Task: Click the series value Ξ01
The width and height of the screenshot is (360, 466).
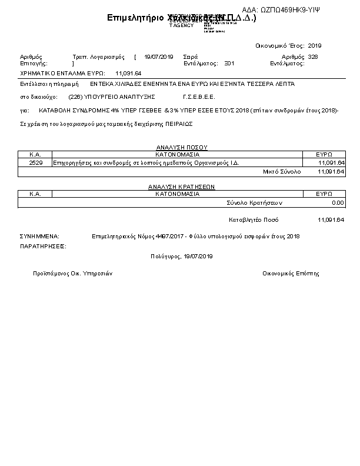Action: pyautogui.click(x=229, y=62)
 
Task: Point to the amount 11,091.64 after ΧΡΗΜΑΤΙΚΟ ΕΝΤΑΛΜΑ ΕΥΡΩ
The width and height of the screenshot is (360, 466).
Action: pyautogui.click(x=128, y=73)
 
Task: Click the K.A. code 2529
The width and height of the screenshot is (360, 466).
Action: pyautogui.click(x=35, y=162)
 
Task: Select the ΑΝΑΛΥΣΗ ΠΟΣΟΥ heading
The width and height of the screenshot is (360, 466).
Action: pyautogui.click(x=181, y=147)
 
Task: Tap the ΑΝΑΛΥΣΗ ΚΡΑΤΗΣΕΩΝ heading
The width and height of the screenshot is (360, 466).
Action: pyautogui.click(x=181, y=187)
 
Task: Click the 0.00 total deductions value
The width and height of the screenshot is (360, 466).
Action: pyautogui.click(x=338, y=202)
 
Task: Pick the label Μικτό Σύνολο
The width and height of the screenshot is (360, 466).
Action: pyautogui.click(x=281, y=171)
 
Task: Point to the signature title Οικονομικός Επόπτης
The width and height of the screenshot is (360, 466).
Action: pyautogui.click(x=291, y=274)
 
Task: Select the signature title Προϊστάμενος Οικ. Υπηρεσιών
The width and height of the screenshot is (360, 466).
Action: pyautogui.click(x=73, y=274)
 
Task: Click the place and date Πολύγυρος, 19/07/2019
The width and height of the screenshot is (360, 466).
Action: pyautogui.click(x=182, y=257)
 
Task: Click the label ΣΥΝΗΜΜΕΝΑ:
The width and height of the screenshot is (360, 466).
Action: pyautogui.click(x=39, y=237)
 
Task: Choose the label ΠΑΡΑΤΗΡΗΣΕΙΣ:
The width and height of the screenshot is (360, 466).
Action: pyautogui.click(x=43, y=246)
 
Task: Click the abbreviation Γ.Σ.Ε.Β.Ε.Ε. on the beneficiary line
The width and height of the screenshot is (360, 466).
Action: pyautogui.click(x=199, y=96)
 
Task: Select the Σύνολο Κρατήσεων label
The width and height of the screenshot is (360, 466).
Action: pyautogui.click(x=255, y=202)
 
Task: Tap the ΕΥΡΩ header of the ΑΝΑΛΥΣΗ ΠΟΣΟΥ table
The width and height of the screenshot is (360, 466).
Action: pyautogui.click(x=324, y=154)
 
